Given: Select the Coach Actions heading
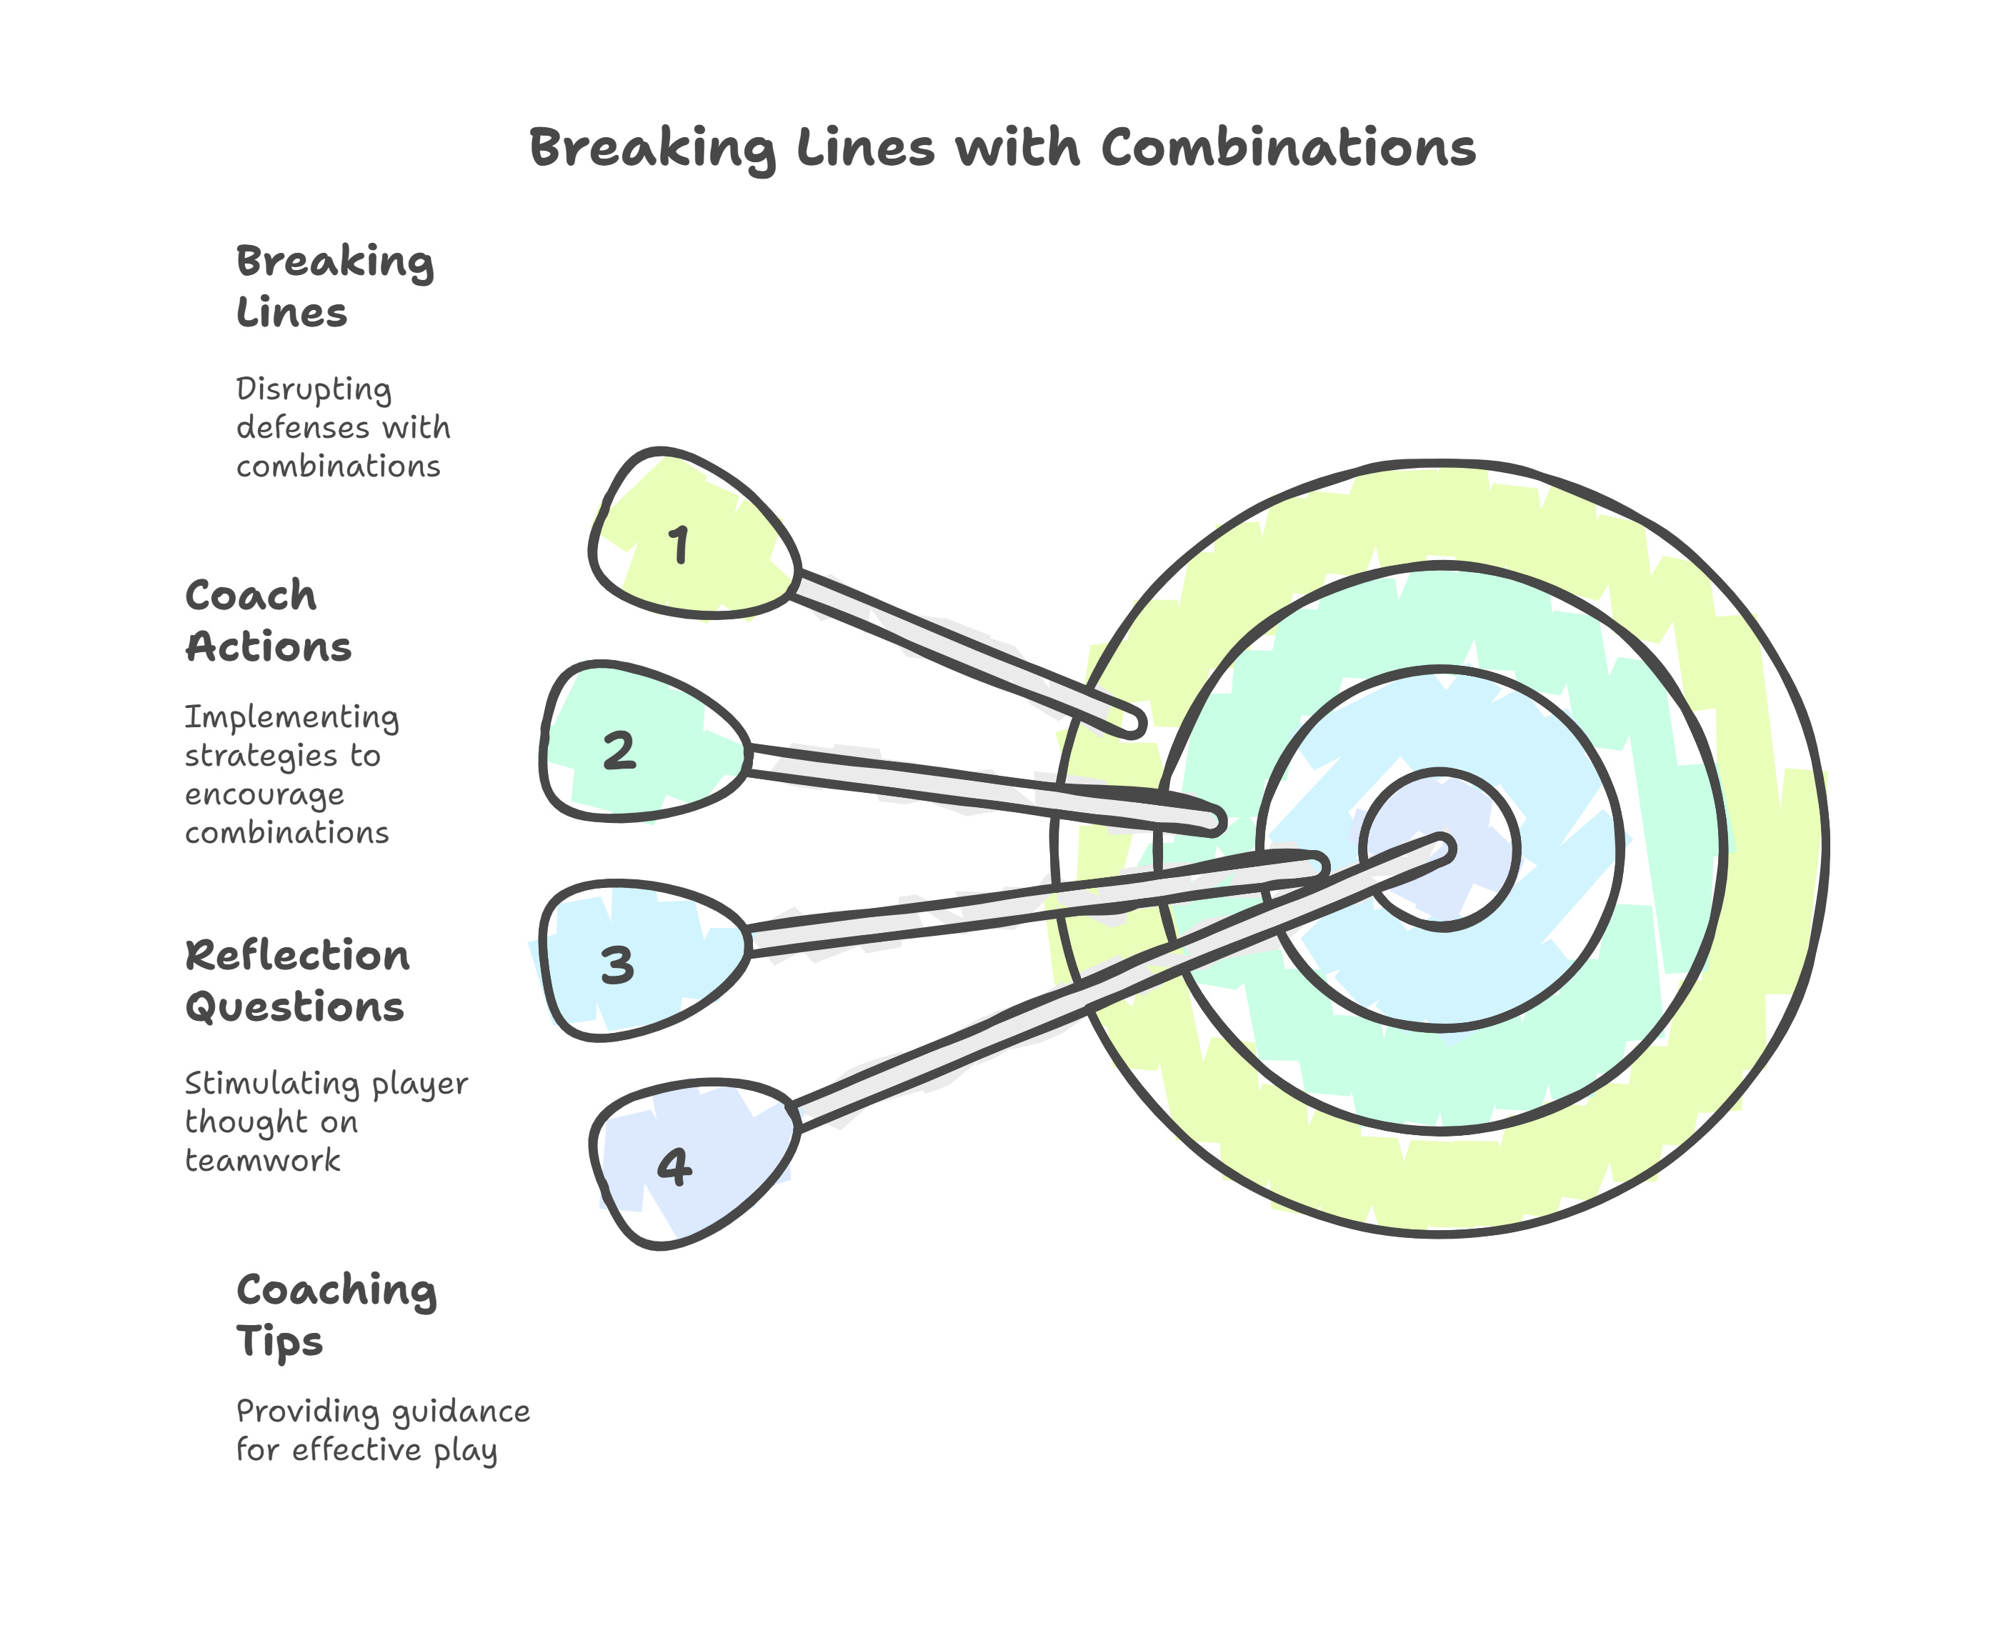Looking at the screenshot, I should point(268,620).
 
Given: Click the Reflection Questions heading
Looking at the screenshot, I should point(297,980).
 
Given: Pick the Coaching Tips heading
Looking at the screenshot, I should point(336,1314).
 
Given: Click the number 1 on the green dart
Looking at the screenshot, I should point(679,546).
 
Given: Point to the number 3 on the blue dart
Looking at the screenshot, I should point(617,965).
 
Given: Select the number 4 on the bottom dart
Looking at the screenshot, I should point(674,1167).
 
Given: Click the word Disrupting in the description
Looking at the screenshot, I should point(313,389).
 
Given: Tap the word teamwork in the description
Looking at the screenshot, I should point(262,1161).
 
